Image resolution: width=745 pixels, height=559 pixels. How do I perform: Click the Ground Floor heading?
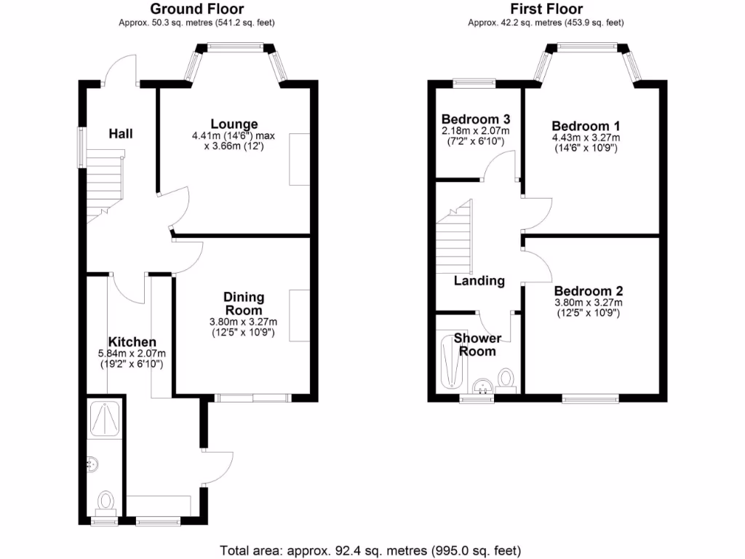[196, 9]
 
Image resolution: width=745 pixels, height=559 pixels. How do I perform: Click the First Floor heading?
[546, 9]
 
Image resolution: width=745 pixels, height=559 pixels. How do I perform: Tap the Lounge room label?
[234, 124]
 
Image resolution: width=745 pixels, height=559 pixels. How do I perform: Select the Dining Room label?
[244, 304]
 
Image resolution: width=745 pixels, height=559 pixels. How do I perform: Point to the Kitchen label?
[132, 342]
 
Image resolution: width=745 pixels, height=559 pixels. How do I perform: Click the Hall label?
[121, 133]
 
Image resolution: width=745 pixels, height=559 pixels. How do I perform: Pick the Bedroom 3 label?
[476, 119]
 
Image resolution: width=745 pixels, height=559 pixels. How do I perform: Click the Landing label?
[479, 281]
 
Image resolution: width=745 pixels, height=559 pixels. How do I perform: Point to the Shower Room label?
[477, 345]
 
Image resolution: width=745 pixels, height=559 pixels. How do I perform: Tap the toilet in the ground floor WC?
[106, 501]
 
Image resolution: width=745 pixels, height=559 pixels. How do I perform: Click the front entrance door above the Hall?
[121, 73]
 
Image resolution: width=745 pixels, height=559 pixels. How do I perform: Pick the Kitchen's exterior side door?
[217, 466]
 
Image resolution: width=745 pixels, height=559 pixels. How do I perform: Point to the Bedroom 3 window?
[474, 83]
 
